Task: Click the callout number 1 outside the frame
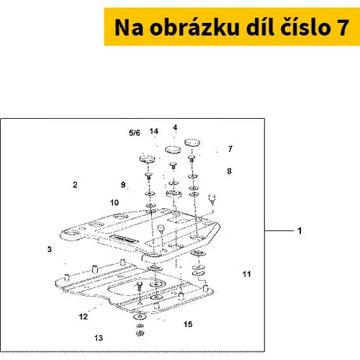pos(300,231)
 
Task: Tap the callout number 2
pos(75,185)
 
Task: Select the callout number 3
pos(50,249)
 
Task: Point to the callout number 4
pos(175,127)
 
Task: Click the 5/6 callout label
pos(135,132)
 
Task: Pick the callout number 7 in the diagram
pos(230,149)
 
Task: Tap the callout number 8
pos(230,171)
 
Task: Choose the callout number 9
pos(123,184)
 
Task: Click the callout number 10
pos(114,202)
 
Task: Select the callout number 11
pos(247,274)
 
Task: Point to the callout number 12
pos(84,317)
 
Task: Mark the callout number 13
pos(99,338)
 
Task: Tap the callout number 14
pos(154,131)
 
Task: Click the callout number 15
pos(188,324)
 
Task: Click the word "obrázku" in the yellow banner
pos(194,27)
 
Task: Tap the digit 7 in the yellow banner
pos(343,27)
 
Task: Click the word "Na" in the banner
pos(129,27)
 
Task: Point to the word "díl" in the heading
pos(260,27)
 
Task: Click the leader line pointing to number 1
pos(279,231)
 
